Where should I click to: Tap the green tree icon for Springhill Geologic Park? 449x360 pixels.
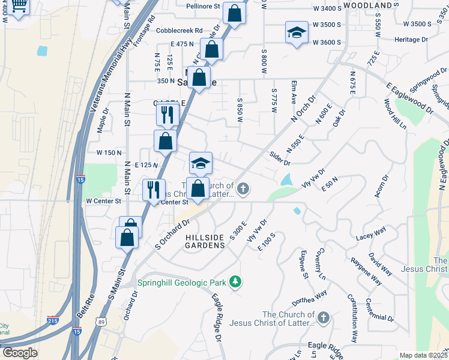[237, 281]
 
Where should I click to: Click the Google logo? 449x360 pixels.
[20, 353]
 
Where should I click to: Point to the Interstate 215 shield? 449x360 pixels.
[53, 320]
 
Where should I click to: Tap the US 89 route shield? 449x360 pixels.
[100, 323]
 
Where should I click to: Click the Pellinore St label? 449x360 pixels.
[202, 7]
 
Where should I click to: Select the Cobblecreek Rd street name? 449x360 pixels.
[179, 31]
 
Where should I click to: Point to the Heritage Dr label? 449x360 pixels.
[411, 39]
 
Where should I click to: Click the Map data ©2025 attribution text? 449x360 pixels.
[423, 355]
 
